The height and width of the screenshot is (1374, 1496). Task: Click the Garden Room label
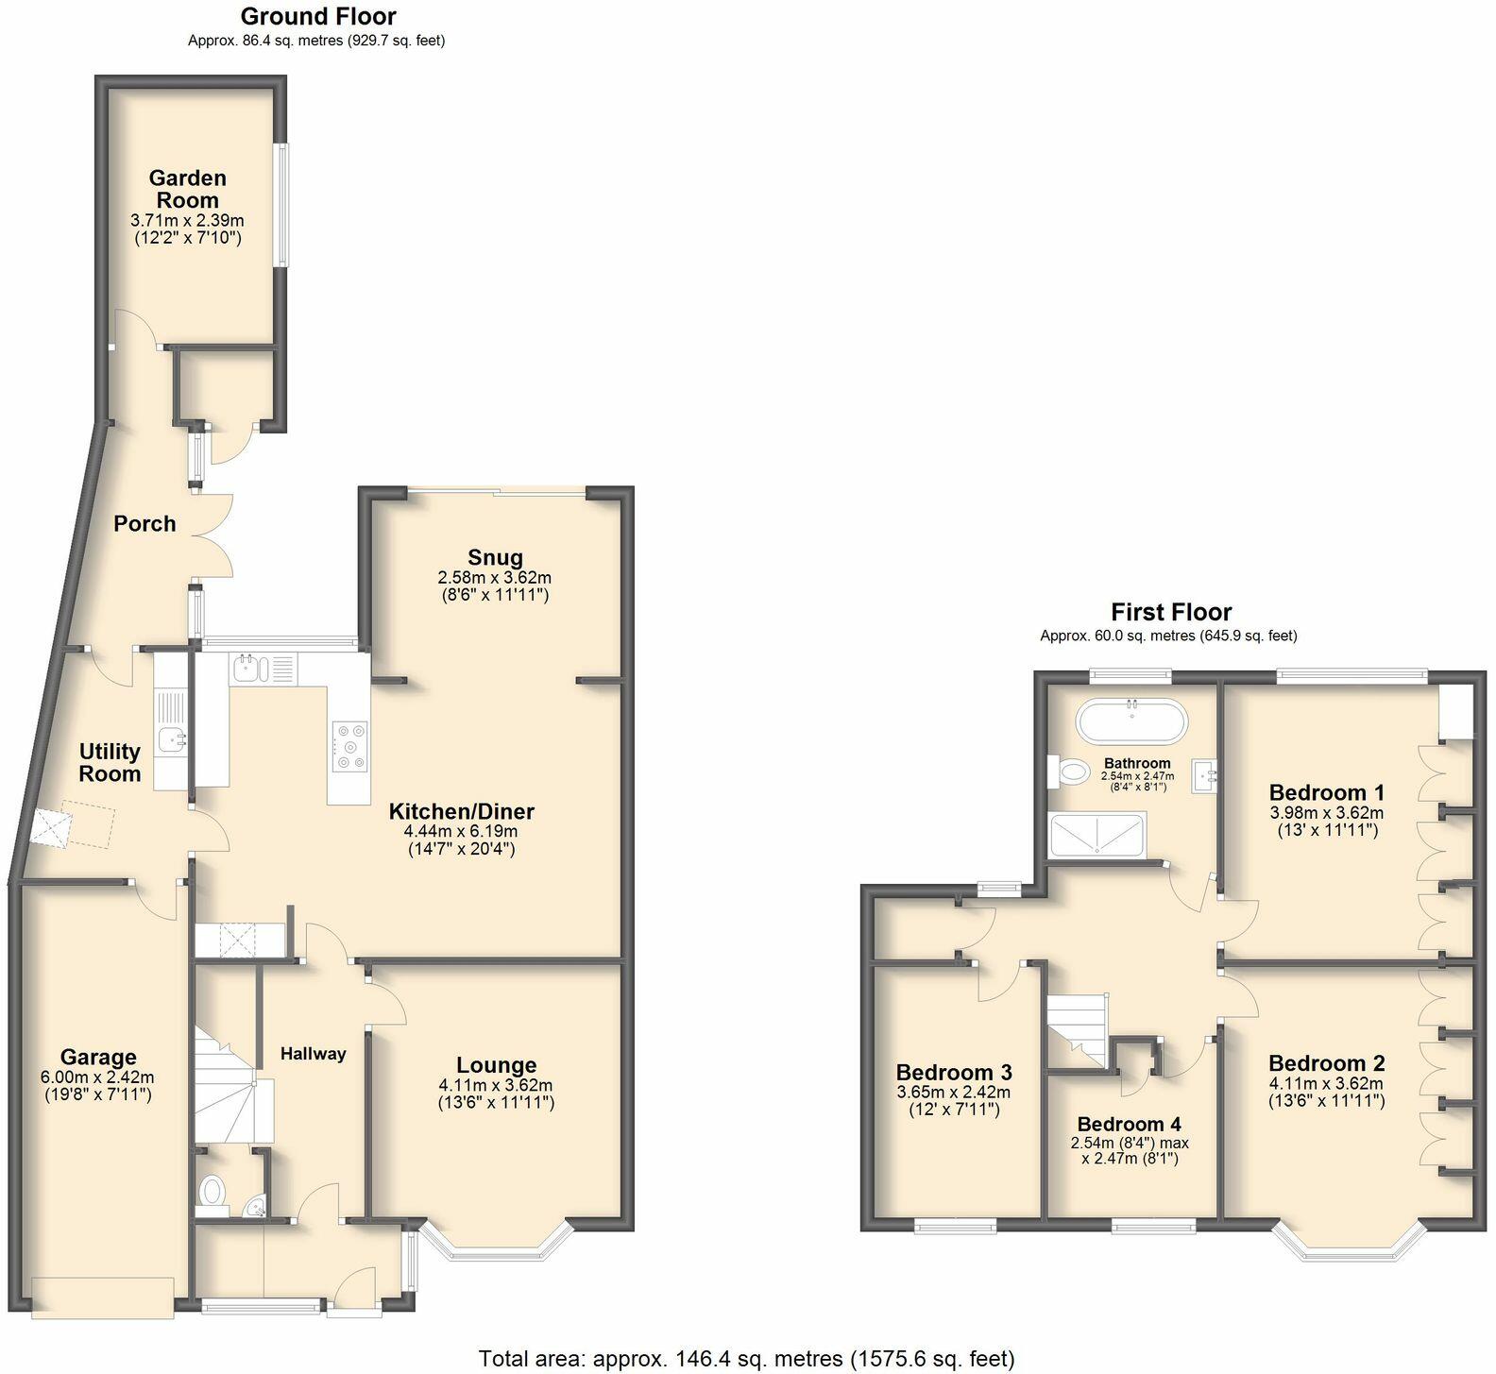[x=188, y=189]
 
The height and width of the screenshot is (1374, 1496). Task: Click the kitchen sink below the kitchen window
[x=248, y=669]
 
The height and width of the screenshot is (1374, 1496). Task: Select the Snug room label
[x=494, y=557]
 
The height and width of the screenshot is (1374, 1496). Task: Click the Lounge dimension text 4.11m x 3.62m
[x=496, y=1085]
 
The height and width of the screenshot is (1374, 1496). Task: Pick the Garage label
[x=98, y=1058]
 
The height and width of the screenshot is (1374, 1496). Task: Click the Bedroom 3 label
[x=954, y=1072]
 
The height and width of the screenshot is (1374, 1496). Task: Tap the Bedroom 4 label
[x=1129, y=1124]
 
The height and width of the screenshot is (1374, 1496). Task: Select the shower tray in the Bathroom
[x=1097, y=835]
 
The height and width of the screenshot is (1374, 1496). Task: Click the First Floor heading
[x=1170, y=612]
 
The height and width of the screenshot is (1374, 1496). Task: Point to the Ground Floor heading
[x=318, y=16]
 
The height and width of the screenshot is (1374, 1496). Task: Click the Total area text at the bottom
[x=746, y=1358]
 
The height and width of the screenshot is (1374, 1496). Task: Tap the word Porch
[x=144, y=523]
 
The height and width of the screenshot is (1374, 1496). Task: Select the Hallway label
[x=313, y=1054]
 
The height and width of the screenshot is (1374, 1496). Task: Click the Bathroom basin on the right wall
[x=1204, y=776]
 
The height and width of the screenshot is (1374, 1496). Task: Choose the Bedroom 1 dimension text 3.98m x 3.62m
[x=1326, y=812]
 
